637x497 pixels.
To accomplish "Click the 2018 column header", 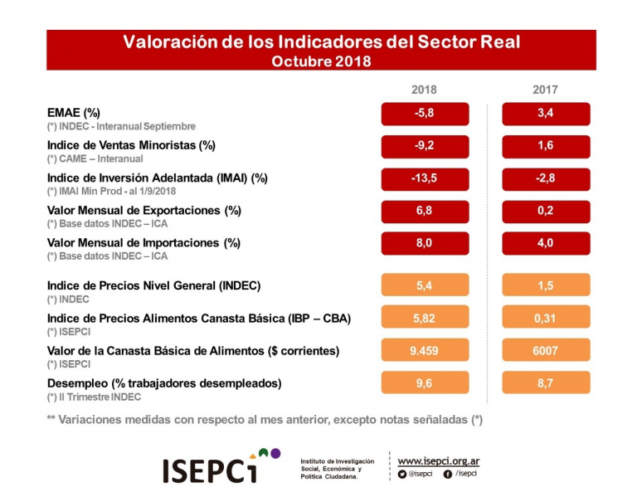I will [424, 90].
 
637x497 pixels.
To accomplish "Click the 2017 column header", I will [545, 90].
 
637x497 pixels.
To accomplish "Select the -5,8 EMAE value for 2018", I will [425, 114].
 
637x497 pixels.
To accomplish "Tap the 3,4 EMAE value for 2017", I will [546, 114].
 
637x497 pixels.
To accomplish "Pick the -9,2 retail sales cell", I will [425, 146].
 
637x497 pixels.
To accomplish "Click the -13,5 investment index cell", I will [425, 178].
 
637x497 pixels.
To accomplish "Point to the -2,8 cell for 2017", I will [546, 178].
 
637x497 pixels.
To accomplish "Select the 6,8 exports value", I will [425, 211].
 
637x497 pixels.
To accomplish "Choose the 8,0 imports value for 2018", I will [425, 243].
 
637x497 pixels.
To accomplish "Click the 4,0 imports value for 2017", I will [546, 243].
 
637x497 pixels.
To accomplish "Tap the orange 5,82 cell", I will [425, 318].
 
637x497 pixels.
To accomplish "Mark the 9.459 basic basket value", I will [425, 350].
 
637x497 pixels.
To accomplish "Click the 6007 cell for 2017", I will [546, 350].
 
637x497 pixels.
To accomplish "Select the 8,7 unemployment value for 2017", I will [546, 382].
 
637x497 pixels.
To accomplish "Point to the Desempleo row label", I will [164, 383].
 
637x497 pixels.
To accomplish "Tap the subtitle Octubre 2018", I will [321, 61].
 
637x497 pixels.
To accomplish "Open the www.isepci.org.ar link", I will [439, 460].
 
